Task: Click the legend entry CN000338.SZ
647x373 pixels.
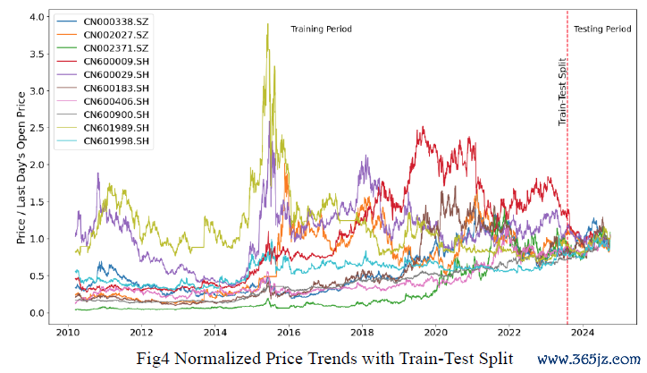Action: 116,21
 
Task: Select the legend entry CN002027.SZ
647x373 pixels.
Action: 116,34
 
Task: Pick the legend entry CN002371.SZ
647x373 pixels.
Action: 116,47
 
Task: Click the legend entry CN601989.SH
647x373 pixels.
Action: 116,128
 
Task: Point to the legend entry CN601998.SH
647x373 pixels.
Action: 116,141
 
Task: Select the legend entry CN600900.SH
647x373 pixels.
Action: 116,114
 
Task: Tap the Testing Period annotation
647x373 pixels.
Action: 602,30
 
